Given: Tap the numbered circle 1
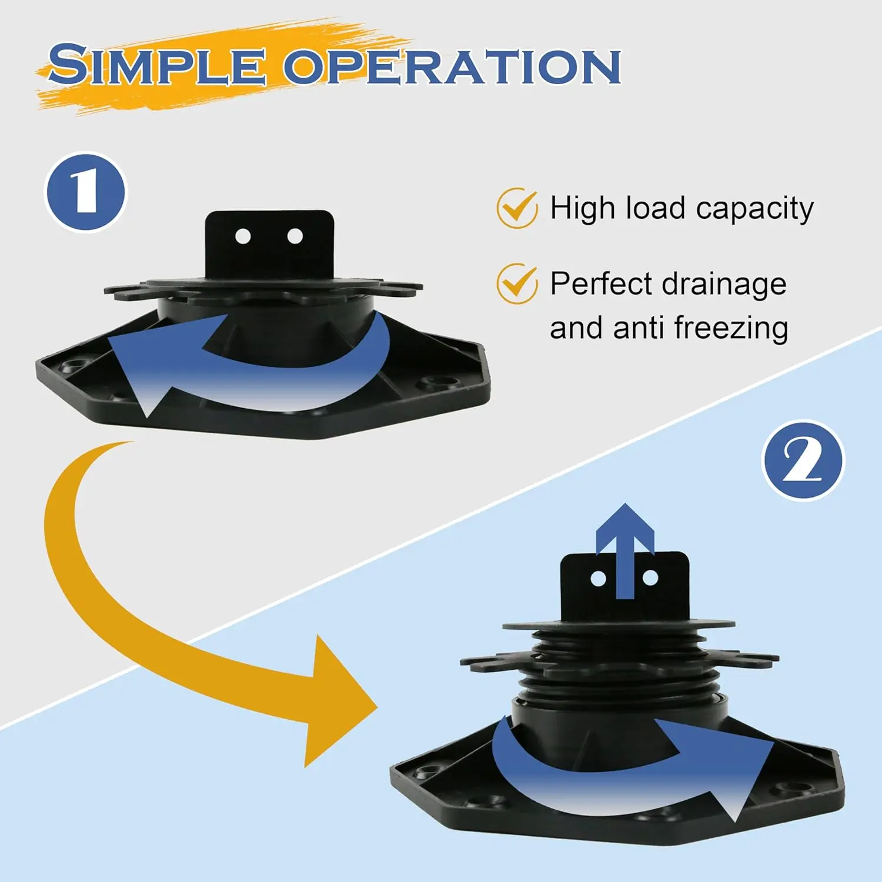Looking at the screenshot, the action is (86, 192).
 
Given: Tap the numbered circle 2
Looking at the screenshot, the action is (803, 460).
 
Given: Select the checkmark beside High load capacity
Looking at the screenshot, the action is (517, 208).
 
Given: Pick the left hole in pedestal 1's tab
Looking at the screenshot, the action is (243, 236).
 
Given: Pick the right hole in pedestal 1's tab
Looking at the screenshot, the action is (295, 236).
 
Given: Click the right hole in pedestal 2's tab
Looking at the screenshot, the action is (650, 579).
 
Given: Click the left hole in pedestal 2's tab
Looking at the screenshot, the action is (599, 579).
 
